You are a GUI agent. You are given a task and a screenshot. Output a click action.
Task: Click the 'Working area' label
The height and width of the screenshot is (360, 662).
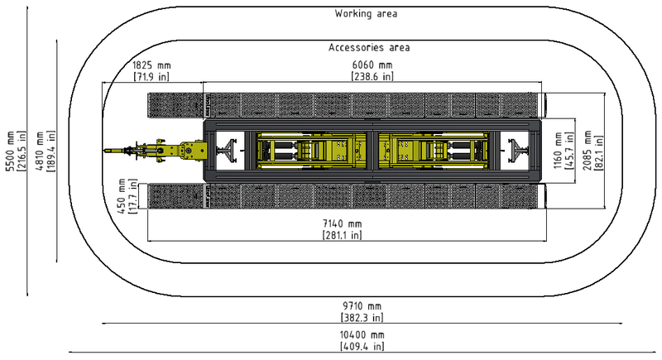366,13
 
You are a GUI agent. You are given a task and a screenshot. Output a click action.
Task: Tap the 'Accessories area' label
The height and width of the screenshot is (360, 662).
369,47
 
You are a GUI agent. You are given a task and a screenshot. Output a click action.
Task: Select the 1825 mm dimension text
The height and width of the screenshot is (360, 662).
151,65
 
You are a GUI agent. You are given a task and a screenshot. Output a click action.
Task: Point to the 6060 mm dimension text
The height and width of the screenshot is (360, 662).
372,65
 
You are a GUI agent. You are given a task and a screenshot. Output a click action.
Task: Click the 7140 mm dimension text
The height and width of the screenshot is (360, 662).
343,223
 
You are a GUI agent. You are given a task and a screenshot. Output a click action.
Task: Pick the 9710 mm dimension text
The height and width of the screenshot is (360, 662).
362,306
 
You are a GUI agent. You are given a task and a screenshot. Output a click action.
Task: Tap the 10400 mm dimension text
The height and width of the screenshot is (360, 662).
362,334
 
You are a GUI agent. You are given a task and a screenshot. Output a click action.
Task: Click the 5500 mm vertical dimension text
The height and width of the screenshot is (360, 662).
10,151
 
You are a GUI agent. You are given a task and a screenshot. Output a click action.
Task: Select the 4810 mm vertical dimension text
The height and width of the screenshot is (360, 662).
40,151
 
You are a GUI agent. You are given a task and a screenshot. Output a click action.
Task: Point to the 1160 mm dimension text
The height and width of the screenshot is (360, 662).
558,151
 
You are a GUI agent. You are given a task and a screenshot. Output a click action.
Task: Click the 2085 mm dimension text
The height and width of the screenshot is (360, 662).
588,151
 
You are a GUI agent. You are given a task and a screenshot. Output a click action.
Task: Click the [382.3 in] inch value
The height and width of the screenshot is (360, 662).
362,317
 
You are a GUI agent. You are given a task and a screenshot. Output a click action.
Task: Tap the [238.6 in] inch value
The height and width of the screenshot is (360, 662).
372,76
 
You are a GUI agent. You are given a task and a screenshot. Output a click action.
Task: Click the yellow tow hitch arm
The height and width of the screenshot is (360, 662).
156,151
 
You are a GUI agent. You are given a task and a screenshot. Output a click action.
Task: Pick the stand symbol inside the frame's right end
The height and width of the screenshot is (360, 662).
519,151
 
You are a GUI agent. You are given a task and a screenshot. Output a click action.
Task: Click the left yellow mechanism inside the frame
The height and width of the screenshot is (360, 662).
311,151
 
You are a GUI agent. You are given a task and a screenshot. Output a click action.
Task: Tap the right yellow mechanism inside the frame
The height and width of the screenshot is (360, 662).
434,151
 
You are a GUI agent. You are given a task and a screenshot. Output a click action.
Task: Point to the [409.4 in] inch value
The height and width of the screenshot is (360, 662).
362,346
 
